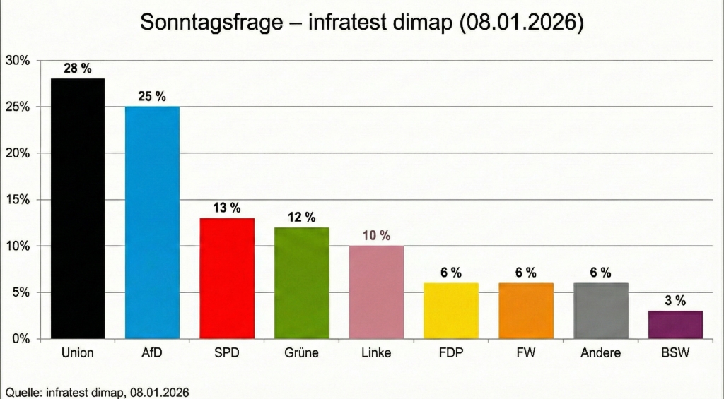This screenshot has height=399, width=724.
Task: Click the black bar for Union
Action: click(x=78, y=209)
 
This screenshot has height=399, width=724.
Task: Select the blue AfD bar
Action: click(x=152, y=222)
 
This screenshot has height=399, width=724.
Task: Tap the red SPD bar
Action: click(x=227, y=278)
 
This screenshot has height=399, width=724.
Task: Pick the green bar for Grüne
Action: click(x=301, y=283)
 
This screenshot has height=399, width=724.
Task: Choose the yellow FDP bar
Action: click(x=451, y=311)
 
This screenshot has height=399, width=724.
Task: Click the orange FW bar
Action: click(x=525, y=311)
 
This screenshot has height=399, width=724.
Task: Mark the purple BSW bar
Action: click(x=675, y=325)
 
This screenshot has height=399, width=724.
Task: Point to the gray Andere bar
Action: click(x=600, y=311)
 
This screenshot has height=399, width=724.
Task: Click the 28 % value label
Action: click(x=78, y=69)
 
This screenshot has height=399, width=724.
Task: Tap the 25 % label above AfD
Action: click(x=152, y=97)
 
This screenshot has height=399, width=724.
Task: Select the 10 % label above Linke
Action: click(x=376, y=236)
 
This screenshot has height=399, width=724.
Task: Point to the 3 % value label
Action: click(x=675, y=301)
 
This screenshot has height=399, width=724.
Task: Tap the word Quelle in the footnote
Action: click(x=22, y=391)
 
